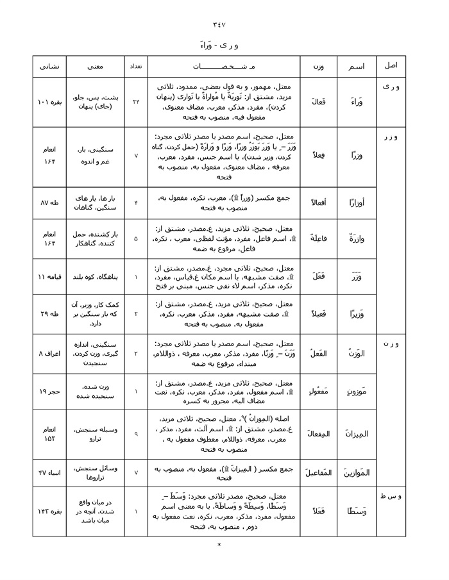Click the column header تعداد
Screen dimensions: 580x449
click(x=135, y=66)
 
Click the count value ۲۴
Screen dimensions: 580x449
click(x=135, y=102)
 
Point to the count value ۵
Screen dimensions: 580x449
click(x=135, y=238)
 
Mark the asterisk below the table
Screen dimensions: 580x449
click(x=219, y=545)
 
